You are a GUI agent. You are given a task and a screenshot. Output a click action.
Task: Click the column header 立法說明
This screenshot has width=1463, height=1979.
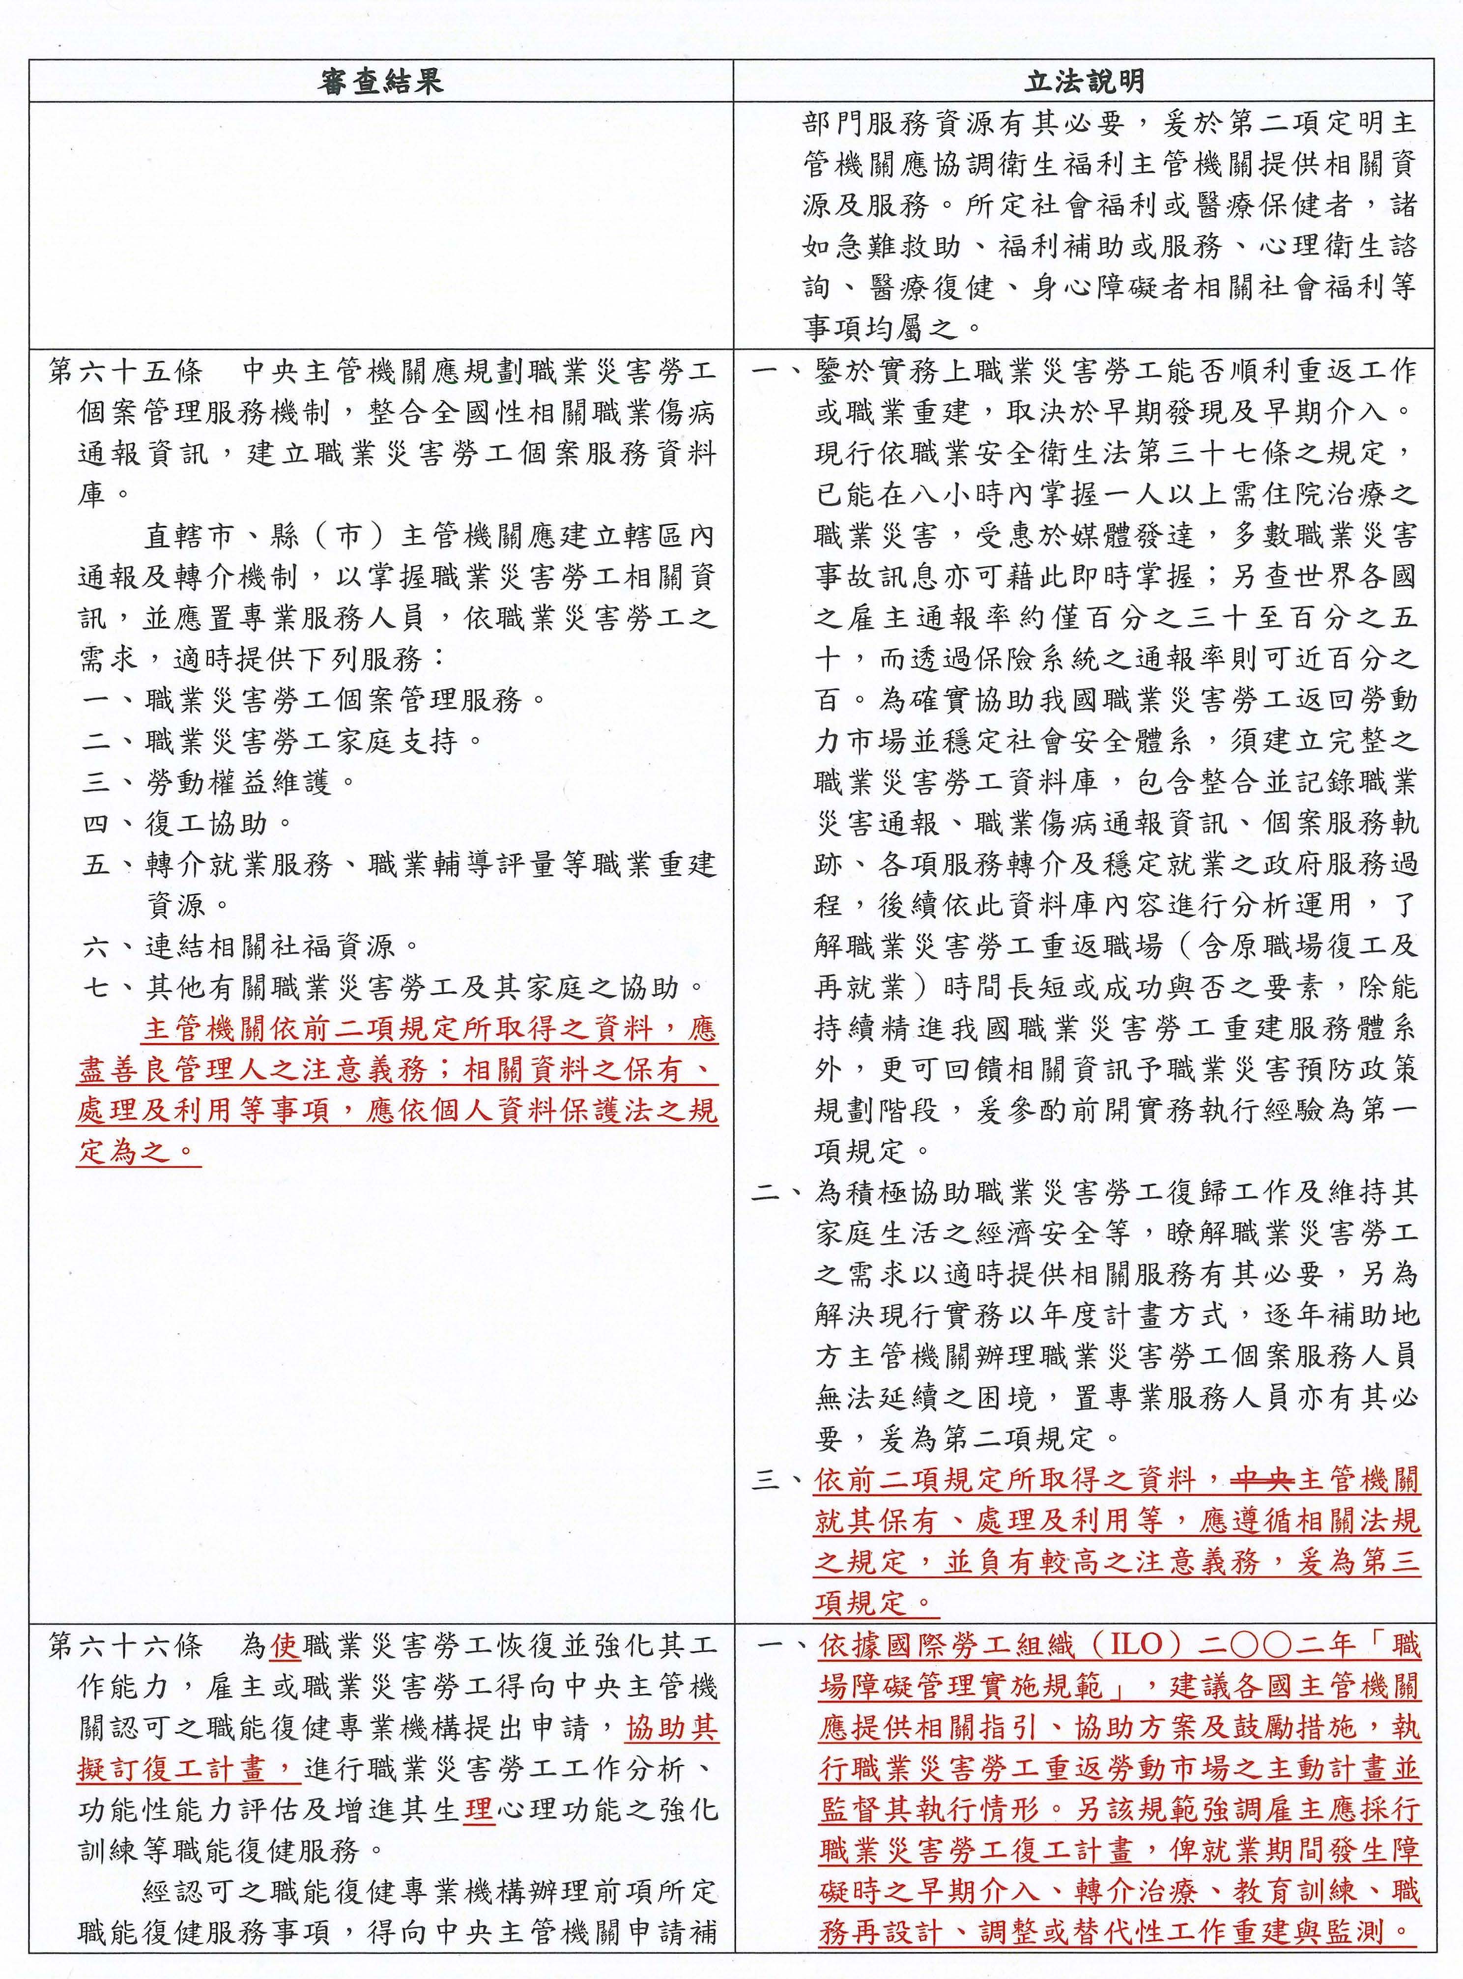(x=1084, y=82)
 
